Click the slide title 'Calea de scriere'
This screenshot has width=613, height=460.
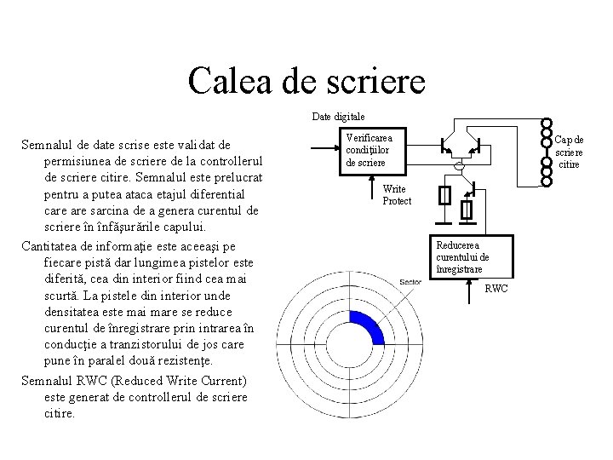[x=306, y=82]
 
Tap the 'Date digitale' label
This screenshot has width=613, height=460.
[x=338, y=115]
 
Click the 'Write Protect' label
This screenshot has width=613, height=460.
[x=397, y=195]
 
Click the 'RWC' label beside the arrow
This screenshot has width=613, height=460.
[x=496, y=289]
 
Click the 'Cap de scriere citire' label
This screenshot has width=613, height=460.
[x=567, y=152]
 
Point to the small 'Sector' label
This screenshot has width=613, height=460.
[x=410, y=282]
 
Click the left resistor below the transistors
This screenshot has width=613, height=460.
[x=444, y=197]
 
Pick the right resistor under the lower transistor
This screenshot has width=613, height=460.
[x=467, y=209]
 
